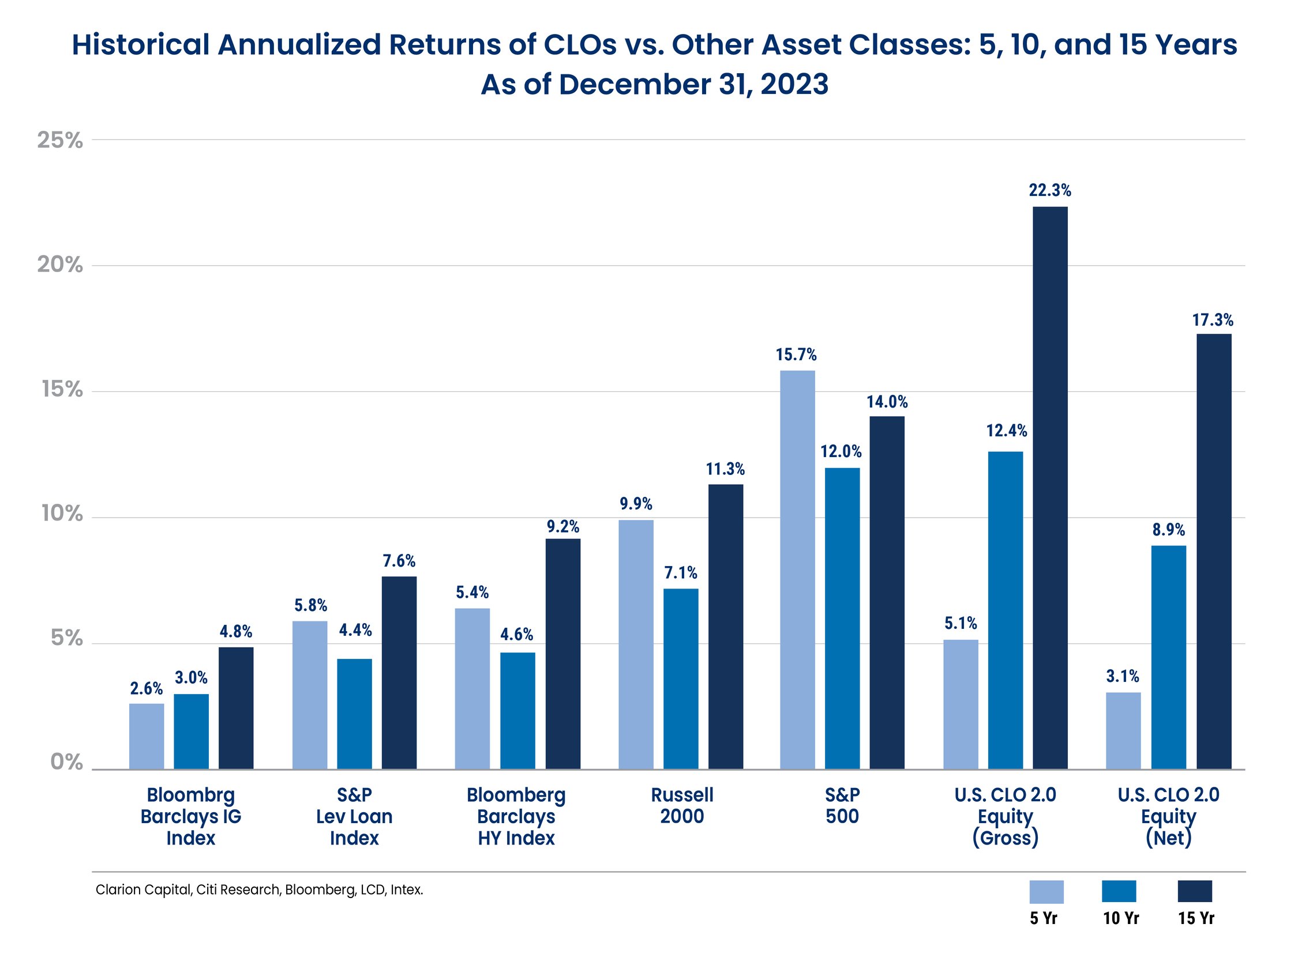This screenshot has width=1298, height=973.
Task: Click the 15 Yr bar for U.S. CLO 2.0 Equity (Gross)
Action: [x=1050, y=488]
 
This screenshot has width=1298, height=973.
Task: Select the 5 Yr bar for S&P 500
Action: [x=797, y=570]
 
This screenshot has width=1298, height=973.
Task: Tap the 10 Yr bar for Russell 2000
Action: [x=681, y=678]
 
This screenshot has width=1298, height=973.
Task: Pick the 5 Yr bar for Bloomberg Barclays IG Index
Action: [x=147, y=736]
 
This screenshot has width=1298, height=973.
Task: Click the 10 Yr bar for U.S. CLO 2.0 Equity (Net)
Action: [x=1168, y=657]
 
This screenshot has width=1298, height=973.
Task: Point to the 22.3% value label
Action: [x=1050, y=191]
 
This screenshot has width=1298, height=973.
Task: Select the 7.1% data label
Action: [x=681, y=573]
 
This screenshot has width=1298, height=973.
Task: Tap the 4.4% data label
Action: [x=355, y=631]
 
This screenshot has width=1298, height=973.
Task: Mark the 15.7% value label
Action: [x=796, y=355]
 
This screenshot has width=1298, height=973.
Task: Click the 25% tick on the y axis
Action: [x=61, y=141]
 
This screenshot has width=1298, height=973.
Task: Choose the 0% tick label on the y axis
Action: [x=66, y=762]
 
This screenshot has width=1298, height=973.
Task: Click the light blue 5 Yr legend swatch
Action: [x=1046, y=892]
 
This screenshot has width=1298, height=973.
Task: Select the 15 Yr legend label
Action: [x=1196, y=918]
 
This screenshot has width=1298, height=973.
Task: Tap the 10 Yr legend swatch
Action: [x=1119, y=892]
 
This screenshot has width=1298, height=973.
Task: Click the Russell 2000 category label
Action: [x=682, y=805]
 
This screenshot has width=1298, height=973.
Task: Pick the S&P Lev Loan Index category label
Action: [x=354, y=816]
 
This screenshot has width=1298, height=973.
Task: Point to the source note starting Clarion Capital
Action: [x=260, y=890]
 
